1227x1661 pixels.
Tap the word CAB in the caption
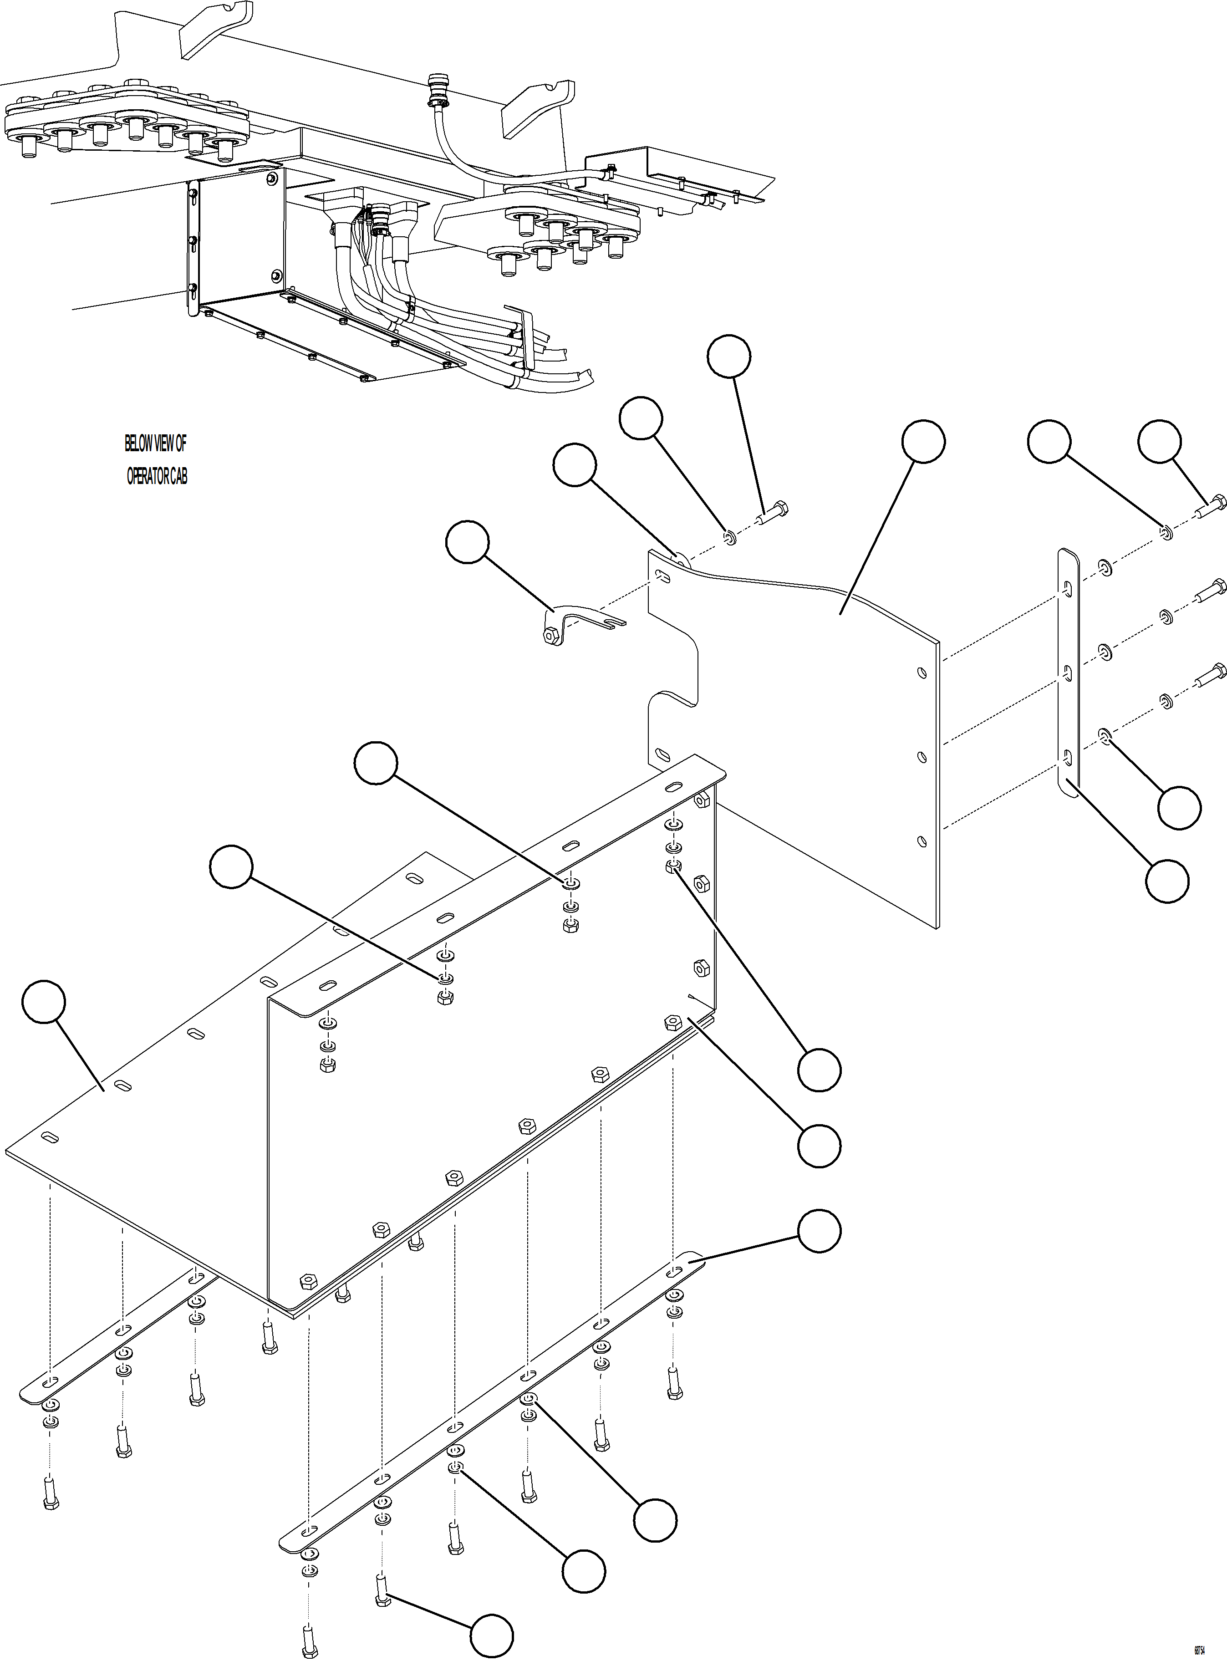[x=179, y=477]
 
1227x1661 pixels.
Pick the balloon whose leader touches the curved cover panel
[x=923, y=442]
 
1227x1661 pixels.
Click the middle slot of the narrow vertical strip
[x=1067, y=672]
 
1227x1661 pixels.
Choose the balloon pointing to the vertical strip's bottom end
[x=1167, y=881]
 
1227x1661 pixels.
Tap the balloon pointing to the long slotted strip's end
[x=819, y=1231]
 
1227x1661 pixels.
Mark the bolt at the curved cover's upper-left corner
[x=773, y=513]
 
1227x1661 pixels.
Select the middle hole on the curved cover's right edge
[x=922, y=757]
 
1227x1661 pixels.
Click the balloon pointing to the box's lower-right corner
[x=819, y=1145]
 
